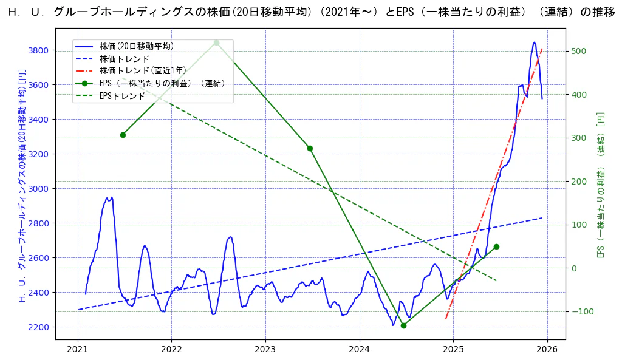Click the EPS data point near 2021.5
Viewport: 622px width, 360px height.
click(x=123, y=135)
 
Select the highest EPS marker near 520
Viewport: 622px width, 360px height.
click(x=216, y=42)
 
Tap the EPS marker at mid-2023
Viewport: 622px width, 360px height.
click(x=310, y=148)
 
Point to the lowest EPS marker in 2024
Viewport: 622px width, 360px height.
click(x=403, y=325)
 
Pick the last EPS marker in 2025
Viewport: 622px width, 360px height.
click(x=496, y=246)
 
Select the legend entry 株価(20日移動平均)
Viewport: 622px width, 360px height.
click(x=137, y=46)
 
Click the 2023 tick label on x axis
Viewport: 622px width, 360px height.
click(x=265, y=350)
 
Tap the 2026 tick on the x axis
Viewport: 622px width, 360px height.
click(x=547, y=350)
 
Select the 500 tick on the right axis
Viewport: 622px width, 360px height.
click(x=578, y=51)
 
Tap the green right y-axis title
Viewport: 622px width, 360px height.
click(x=601, y=185)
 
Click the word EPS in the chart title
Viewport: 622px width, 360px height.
click(x=404, y=13)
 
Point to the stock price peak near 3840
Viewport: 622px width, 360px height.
click(x=534, y=42)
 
